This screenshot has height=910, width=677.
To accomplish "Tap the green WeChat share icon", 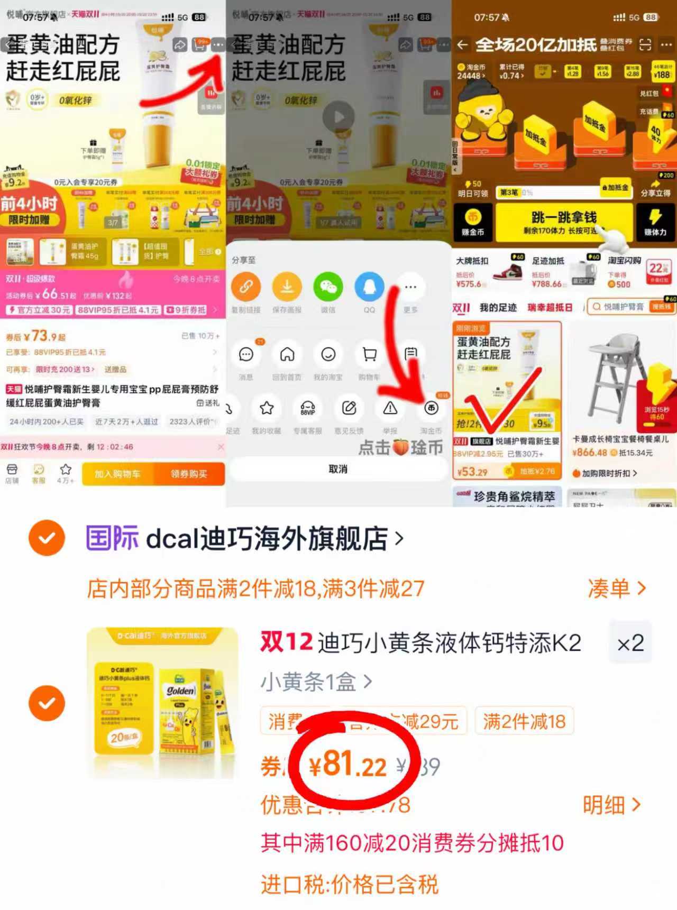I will tap(328, 287).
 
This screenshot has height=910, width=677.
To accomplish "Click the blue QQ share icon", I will tap(369, 287).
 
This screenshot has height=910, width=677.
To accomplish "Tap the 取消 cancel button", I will tap(338, 469).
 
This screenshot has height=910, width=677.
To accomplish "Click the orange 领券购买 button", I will tap(189, 474).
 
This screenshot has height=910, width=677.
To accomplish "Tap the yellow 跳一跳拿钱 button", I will tap(564, 222).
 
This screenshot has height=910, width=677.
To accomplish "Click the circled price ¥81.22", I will tap(348, 765).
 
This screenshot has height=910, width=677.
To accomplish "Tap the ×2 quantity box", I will tap(630, 644).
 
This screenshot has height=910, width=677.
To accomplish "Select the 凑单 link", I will tap(617, 588).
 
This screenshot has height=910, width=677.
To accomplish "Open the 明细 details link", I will tap(611, 805).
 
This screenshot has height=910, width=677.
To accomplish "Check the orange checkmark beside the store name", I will tap(47, 538).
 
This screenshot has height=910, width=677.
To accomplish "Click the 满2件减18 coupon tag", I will tap(524, 721).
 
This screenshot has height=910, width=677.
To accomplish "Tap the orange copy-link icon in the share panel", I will tap(246, 287).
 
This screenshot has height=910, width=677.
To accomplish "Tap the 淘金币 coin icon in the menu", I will tap(431, 408).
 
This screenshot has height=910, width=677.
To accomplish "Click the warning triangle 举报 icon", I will tap(390, 408).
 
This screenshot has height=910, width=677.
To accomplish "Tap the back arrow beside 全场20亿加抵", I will tap(462, 45).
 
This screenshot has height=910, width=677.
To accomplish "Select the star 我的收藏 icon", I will tap(267, 408).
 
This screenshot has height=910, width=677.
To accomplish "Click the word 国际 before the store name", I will tap(112, 538).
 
